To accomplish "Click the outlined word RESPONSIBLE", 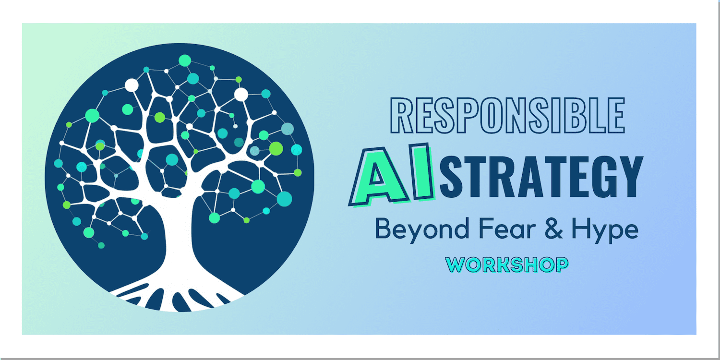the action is [507, 115].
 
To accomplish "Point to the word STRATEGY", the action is [541, 177].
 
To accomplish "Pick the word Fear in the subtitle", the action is [507, 228].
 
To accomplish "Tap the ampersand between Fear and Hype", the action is [554, 228].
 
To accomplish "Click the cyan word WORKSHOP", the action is [507, 265].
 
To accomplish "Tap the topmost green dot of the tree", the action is [185, 60].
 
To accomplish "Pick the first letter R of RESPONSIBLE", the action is [402, 115].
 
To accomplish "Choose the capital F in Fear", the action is [485, 228].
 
